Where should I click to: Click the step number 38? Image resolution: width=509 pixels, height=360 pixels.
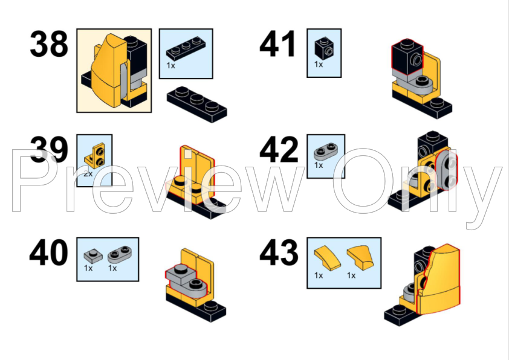[x=49, y=43]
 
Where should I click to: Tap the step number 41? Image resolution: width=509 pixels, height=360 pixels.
[x=278, y=43]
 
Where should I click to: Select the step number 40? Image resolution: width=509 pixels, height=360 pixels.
[x=49, y=252]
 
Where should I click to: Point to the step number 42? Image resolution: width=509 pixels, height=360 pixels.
[x=279, y=150]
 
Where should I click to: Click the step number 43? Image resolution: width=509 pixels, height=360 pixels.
[x=279, y=252]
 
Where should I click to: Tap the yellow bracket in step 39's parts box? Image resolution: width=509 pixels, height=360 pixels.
[x=95, y=156]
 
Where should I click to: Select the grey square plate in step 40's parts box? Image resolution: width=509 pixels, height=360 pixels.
[x=93, y=256]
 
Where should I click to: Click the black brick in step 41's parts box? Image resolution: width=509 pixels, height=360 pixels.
[x=324, y=48]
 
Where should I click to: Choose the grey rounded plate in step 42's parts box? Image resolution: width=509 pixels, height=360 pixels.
[x=326, y=152]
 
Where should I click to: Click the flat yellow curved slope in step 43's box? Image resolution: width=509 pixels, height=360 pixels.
[x=327, y=258]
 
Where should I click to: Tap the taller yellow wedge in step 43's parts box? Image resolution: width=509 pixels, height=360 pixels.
[x=360, y=257]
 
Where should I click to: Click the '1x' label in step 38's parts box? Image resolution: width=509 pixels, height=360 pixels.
[x=170, y=65]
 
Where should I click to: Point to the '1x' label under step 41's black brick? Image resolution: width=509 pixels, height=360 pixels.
[x=319, y=65]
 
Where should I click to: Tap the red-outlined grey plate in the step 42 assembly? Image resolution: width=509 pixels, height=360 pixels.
[x=447, y=170]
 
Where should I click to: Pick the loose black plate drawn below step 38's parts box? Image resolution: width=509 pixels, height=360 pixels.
[x=197, y=104]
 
